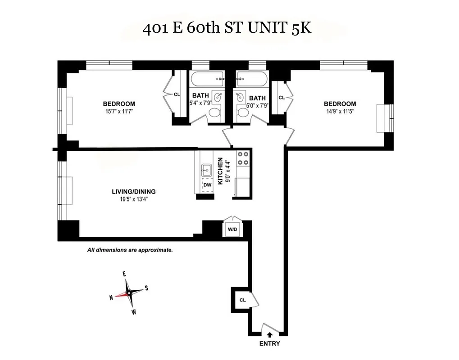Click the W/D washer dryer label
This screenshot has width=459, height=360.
(232, 230)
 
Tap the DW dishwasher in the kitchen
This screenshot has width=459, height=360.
(207, 185)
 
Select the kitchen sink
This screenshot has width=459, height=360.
(207, 169)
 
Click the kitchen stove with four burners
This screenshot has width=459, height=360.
(243, 157)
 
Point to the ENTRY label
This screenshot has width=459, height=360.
(269, 344)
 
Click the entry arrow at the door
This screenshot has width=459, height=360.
(269, 334)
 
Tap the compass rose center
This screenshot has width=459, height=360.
(129, 293)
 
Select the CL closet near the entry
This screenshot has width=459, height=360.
(242, 300)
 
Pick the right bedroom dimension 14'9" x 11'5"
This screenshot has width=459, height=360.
(340, 111)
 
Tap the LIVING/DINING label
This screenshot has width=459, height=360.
(134, 191)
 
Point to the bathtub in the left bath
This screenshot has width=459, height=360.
(207, 79)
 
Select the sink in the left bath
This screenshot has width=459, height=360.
(218, 97)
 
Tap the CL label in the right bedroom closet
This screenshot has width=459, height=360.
(282, 98)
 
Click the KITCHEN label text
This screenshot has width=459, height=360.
(220, 171)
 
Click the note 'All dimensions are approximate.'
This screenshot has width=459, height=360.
(130, 250)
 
